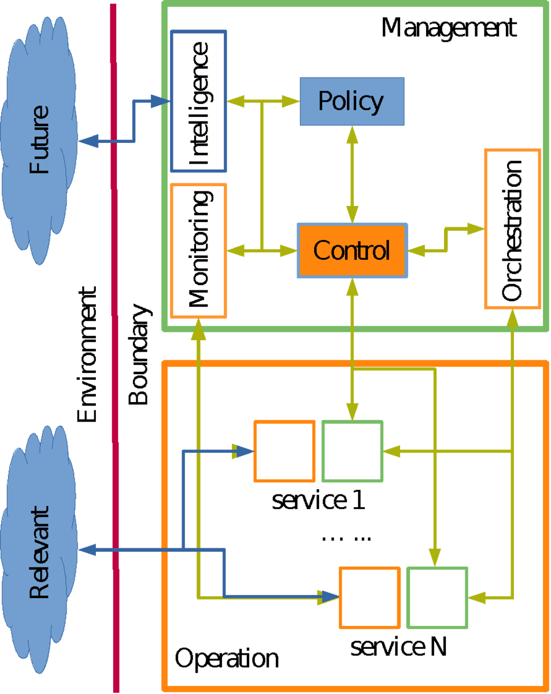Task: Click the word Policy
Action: coord(351,102)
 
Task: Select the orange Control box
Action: coord(352,250)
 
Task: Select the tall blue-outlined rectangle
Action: coord(198,101)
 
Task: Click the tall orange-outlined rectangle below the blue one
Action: coord(198,250)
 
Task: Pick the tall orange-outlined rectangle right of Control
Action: coord(513,228)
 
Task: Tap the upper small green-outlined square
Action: coord(352,451)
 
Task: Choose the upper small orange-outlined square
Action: coord(284,451)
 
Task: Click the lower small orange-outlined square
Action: coord(369,597)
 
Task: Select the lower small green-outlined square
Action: coord(437,597)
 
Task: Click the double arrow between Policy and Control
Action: coord(352,174)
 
